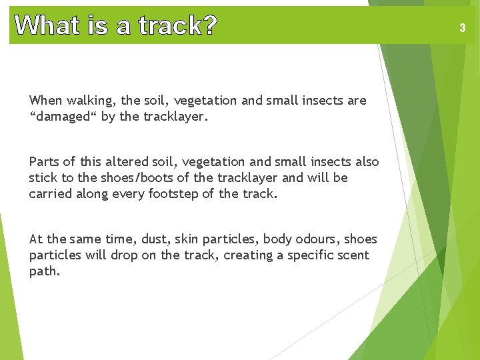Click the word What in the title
47,26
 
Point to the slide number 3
462,28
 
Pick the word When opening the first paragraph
45,101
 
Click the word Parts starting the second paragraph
44,162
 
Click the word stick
43,178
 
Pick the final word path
43,271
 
